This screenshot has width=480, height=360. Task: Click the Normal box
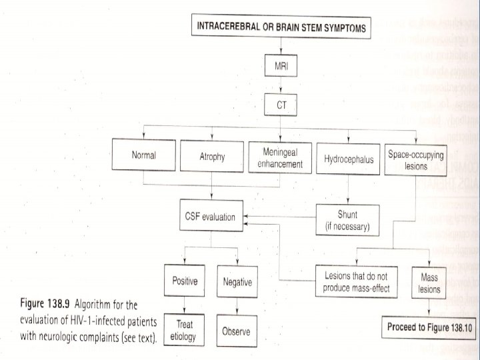pyautogui.click(x=143, y=156)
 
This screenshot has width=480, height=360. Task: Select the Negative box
pyautogui.click(x=237, y=282)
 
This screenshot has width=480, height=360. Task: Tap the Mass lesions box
pyautogui.click(x=429, y=281)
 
